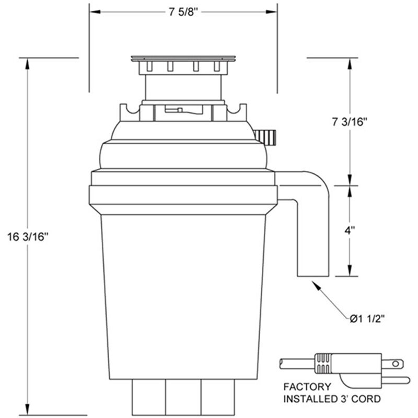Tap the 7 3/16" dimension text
coord(350,122)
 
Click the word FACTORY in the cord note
coord(307,387)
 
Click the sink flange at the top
coord(183,58)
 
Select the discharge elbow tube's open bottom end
coord(313,275)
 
